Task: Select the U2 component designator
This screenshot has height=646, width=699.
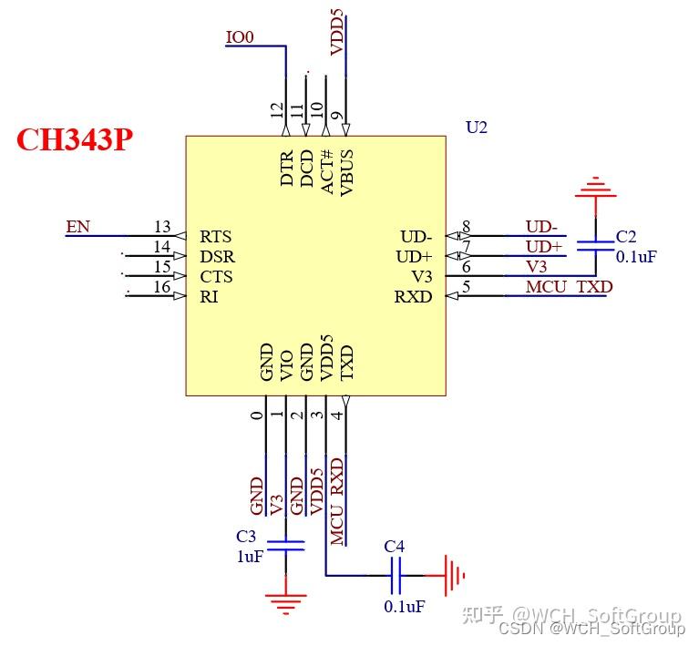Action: point(477,128)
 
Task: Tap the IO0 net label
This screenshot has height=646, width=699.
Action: point(240,37)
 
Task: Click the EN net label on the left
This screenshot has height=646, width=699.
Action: point(77,226)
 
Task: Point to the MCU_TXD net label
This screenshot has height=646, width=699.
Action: point(569,287)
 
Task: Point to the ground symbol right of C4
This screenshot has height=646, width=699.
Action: point(453,575)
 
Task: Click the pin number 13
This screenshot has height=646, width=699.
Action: point(162,226)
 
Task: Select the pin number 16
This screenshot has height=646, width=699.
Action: point(162,288)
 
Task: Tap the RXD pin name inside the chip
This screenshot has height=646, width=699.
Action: point(413,297)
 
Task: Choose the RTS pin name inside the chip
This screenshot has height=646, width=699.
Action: point(216,237)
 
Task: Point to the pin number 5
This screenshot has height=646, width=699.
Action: point(466,287)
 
